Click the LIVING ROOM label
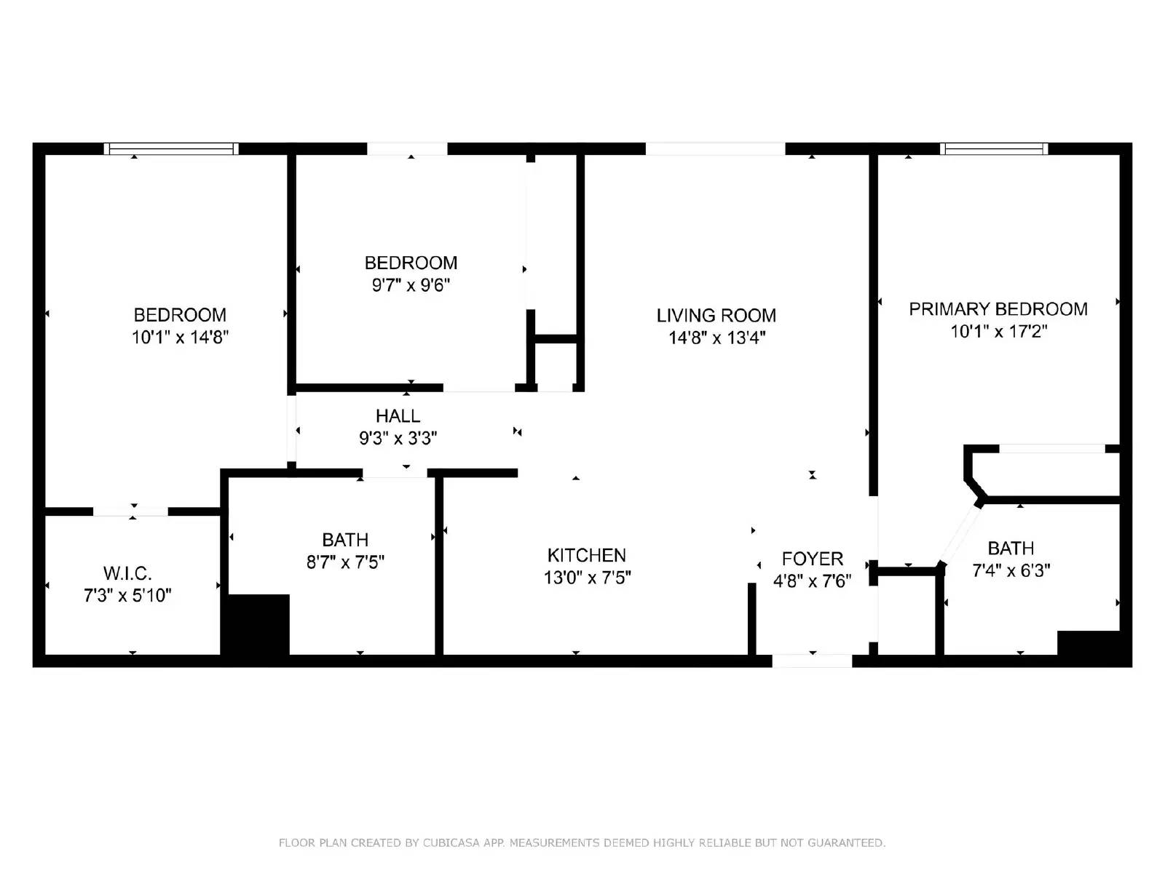pyautogui.click(x=716, y=315)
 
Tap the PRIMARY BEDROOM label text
pyautogui.click(x=998, y=309)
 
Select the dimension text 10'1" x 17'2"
pyautogui.click(x=998, y=332)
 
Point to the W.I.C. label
pyautogui.click(x=127, y=573)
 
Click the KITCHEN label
pyautogui.click(x=586, y=555)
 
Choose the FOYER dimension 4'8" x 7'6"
pyautogui.click(x=812, y=581)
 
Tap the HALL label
pyautogui.click(x=398, y=416)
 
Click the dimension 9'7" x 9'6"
pyautogui.click(x=411, y=285)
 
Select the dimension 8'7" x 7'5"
pyautogui.click(x=345, y=562)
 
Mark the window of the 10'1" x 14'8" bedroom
pyautogui.click(x=171, y=149)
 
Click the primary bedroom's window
pyautogui.click(x=993, y=149)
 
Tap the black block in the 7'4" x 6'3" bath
pyautogui.click(x=1088, y=644)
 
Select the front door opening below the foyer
pyautogui.click(x=812, y=661)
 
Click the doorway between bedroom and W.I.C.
pyautogui.click(x=131, y=511)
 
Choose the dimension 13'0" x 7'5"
pyautogui.click(x=586, y=578)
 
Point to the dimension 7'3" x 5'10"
pyautogui.click(x=127, y=596)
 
